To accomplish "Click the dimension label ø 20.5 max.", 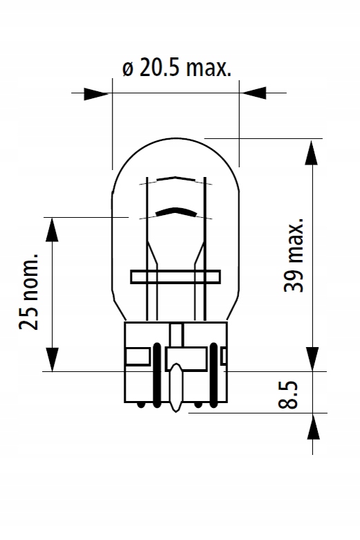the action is pyautogui.click(x=177, y=68).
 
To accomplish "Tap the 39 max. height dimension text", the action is pyautogui.click(x=294, y=255).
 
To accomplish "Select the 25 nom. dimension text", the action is pyautogui.click(x=28, y=291).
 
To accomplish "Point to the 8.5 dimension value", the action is pyautogui.click(x=287, y=395).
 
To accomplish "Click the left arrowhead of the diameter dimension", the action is pyautogui.click(x=96, y=93).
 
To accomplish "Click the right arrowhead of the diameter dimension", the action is pyautogui.click(x=254, y=93).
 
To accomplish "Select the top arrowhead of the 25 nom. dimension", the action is pyautogui.click(x=52, y=230).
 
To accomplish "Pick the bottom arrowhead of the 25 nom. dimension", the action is pyautogui.click(x=52, y=360).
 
